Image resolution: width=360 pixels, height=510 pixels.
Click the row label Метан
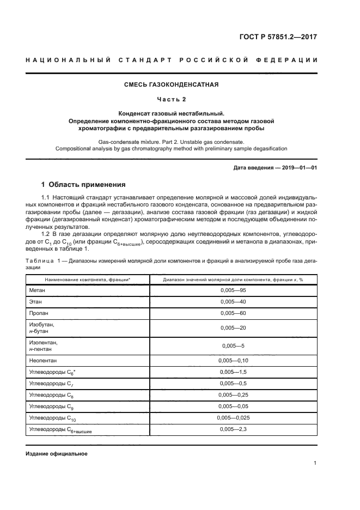tap(38, 290)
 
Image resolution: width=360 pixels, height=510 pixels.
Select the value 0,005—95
tap(233, 290)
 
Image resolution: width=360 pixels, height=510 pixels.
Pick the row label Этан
tap(35, 301)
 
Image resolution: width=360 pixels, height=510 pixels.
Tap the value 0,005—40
tap(233, 301)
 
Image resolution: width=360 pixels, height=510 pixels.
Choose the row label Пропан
tap(39, 313)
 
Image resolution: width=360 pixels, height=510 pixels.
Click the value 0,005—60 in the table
tap(233, 313)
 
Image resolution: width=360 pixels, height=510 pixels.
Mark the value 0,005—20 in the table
tap(233, 327)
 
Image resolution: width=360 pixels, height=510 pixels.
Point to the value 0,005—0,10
tap(233, 360)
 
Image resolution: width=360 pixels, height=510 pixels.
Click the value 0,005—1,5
tap(233, 372)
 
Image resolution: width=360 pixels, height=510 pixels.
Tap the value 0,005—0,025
tap(233, 418)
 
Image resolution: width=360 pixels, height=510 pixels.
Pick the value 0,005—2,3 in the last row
tap(233, 429)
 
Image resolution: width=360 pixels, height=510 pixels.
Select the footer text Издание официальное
tap(56, 453)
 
